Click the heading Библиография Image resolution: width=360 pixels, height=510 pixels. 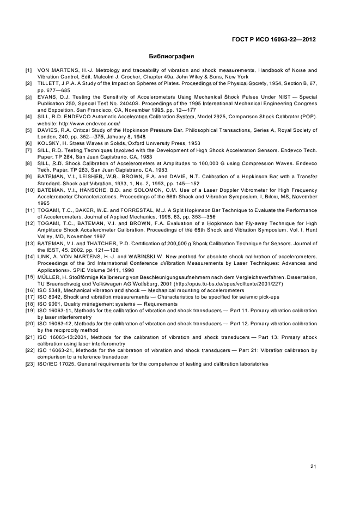click(x=172, y=56)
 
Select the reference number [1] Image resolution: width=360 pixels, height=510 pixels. click(x=28, y=70)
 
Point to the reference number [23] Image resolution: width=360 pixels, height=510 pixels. click(x=29, y=364)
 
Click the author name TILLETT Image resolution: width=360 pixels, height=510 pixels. click(x=48, y=83)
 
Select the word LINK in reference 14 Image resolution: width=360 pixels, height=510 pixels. click(x=45, y=256)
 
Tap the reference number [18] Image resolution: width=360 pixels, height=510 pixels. click(x=29, y=303)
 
